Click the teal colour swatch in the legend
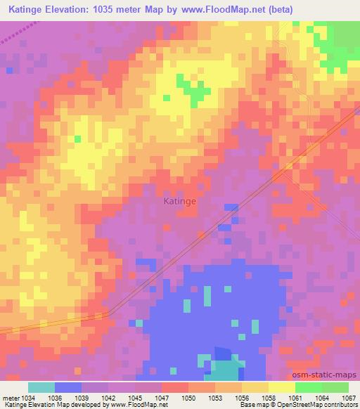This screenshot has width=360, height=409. tap(41, 387)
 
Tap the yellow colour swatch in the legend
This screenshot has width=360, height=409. tap(282, 387)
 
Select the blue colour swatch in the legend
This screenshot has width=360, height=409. tap(68, 387)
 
